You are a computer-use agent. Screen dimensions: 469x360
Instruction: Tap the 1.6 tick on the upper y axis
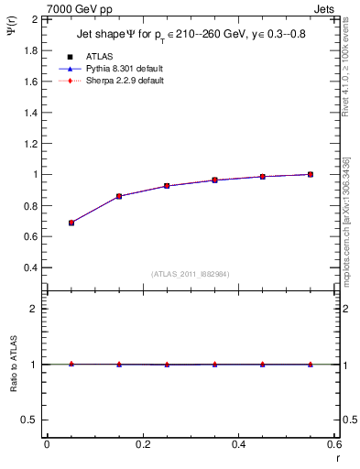tap(28, 81)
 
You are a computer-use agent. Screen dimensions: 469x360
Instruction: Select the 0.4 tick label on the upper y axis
tap(28, 267)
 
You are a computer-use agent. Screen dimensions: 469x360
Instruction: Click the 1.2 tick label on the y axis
tap(28, 143)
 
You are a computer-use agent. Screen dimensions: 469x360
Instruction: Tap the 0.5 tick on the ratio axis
tap(28, 420)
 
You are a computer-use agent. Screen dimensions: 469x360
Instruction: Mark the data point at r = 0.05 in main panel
tap(71, 223)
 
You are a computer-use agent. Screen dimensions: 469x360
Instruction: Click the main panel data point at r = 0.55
tap(311, 174)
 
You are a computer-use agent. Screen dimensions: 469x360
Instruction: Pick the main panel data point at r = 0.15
tap(119, 196)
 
